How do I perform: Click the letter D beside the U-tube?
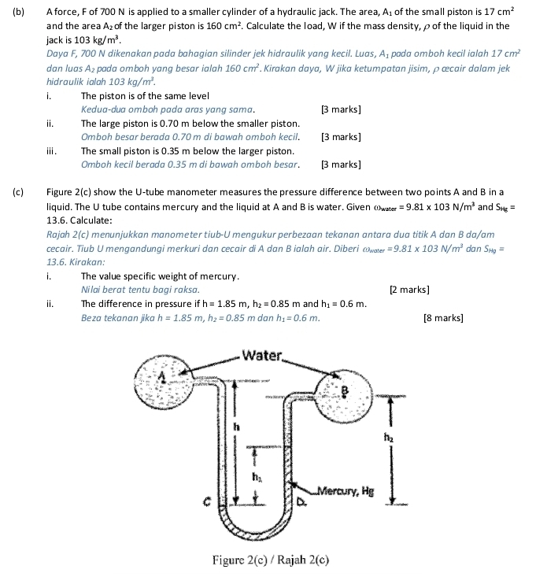(x=301, y=501)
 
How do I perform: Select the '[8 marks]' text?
(x=442, y=318)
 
